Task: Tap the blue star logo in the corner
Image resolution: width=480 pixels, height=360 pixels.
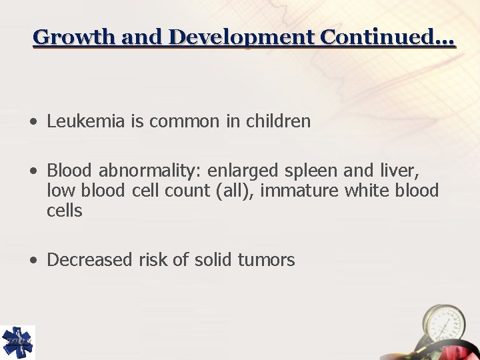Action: [x=17, y=342]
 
